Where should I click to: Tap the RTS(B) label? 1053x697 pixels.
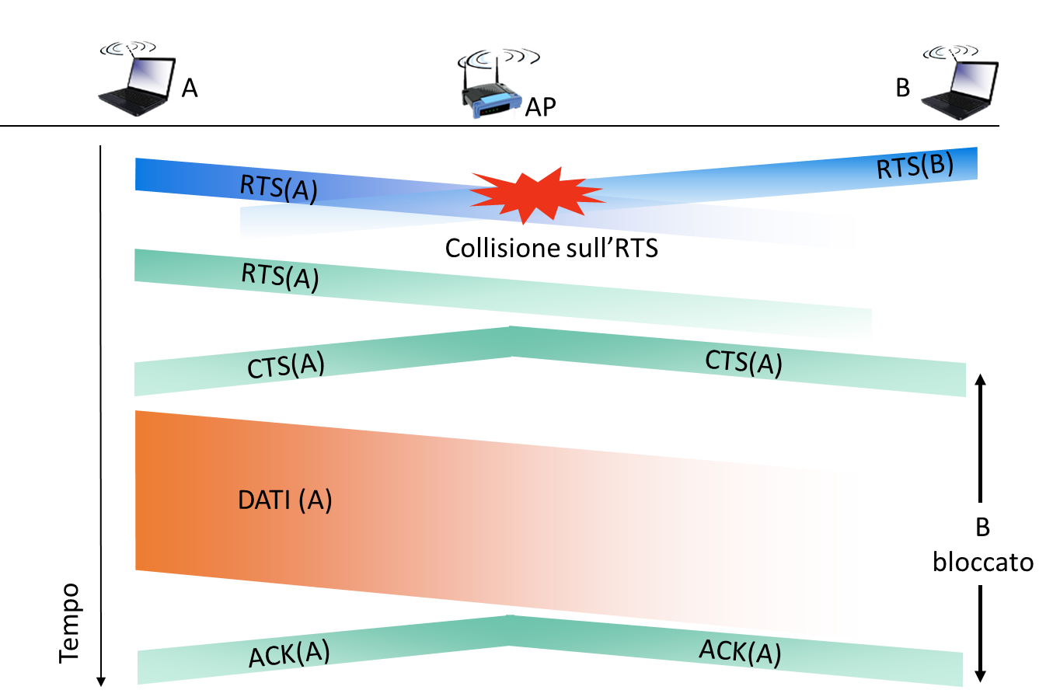pyautogui.click(x=915, y=166)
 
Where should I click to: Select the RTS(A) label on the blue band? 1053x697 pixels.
pyautogui.click(x=279, y=188)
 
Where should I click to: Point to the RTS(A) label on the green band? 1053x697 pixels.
pyautogui.click(x=280, y=276)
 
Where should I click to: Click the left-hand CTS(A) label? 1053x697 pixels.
pyautogui.click(x=285, y=365)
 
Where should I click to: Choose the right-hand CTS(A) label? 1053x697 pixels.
pyautogui.click(x=744, y=362)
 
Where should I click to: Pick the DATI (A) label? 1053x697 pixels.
pyautogui.click(x=285, y=500)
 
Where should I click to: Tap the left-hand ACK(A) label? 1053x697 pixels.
pyautogui.click(x=289, y=653)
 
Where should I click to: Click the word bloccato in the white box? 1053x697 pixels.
pyautogui.click(x=983, y=562)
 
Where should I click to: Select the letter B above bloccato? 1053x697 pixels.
pyautogui.click(x=983, y=528)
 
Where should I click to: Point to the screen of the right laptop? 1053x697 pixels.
pyautogui.click(x=975, y=79)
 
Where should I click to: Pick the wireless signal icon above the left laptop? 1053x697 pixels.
pyautogui.click(x=130, y=47)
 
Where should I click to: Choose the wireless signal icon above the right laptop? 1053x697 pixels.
pyautogui.click(x=952, y=51)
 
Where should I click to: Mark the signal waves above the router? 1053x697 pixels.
pyautogui.click(x=498, y=58)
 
